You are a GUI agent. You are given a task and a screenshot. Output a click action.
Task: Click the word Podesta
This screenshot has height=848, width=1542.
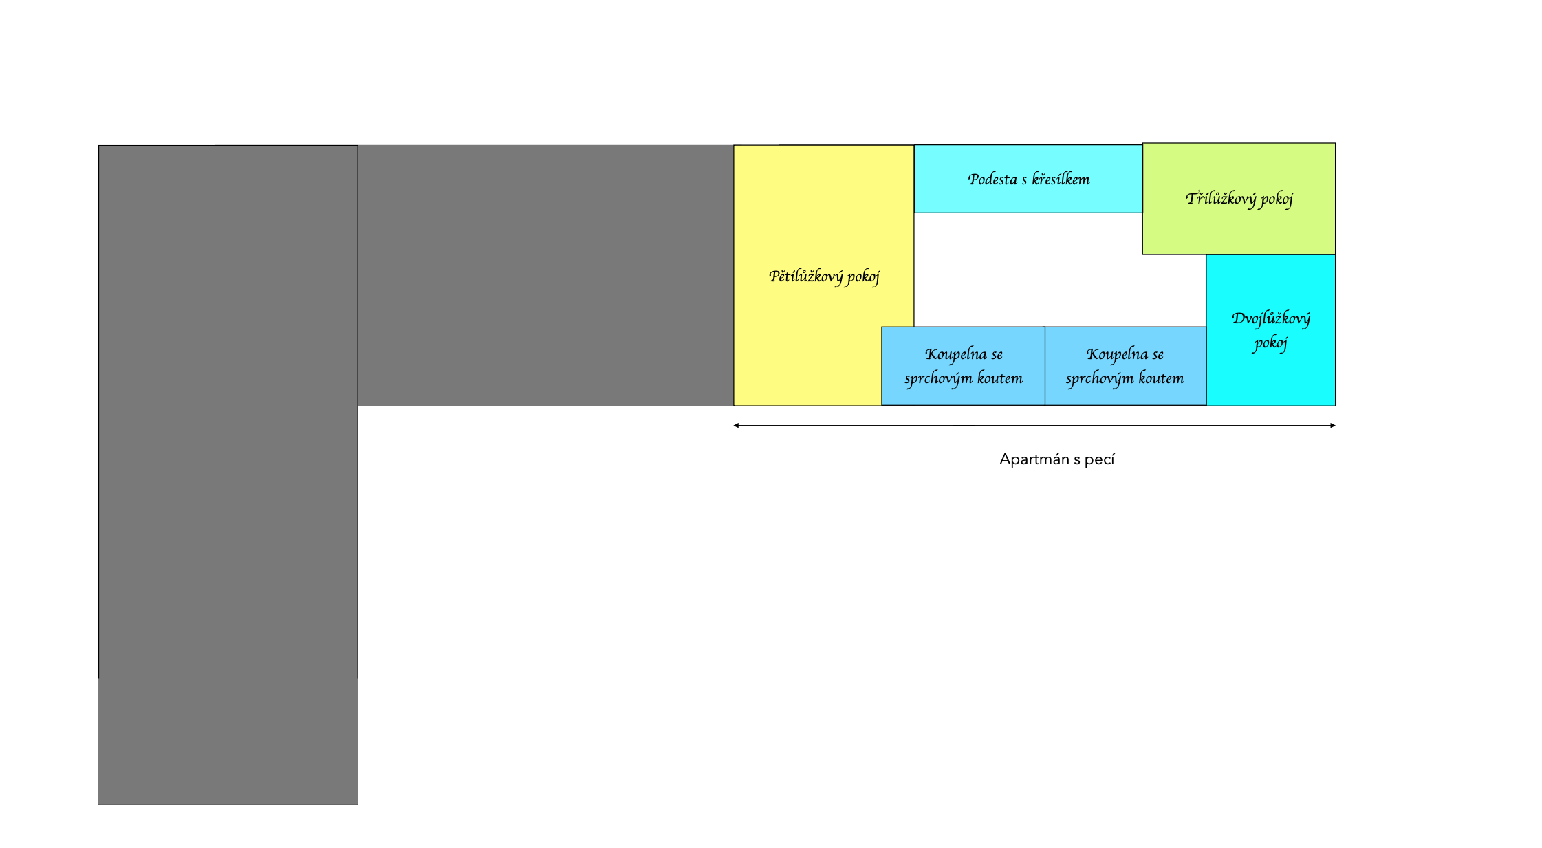992,180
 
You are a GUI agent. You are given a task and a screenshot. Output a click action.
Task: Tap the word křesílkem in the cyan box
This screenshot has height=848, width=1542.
1061,180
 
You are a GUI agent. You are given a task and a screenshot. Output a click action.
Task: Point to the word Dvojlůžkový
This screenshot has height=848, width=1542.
1271,318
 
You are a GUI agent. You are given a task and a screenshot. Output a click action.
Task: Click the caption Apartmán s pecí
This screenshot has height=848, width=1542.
1056,459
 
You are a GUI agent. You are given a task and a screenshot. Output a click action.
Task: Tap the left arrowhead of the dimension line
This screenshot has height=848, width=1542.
736,426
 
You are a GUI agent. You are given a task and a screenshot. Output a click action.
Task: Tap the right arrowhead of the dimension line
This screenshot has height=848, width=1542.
1332,426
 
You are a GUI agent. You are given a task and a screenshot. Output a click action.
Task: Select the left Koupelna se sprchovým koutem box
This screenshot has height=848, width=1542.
963,366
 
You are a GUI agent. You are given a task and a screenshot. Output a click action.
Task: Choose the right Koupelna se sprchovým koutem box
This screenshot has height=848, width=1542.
1125,366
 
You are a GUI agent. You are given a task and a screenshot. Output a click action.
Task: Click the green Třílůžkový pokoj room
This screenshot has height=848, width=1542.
1239,199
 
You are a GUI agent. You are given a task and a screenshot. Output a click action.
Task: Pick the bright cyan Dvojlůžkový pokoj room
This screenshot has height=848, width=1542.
1271,330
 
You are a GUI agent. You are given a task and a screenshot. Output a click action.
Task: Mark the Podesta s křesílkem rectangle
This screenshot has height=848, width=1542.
1028,179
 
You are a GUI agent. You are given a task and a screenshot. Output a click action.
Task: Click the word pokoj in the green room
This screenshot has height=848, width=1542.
1277,199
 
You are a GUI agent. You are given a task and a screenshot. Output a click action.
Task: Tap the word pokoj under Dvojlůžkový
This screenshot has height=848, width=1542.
1270,343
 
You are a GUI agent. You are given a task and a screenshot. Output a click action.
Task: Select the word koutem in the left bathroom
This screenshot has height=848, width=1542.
1000,378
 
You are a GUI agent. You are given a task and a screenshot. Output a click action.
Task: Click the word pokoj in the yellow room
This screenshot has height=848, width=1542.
863,277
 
